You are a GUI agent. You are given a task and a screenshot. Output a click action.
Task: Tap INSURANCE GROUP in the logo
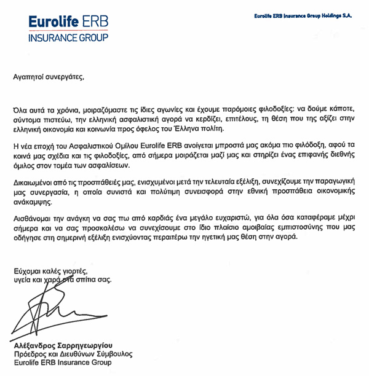tap(68, 37)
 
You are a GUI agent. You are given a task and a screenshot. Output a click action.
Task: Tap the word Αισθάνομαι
tap(36, 220)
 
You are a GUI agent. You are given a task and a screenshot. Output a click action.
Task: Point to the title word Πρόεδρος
tap(31, 354)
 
